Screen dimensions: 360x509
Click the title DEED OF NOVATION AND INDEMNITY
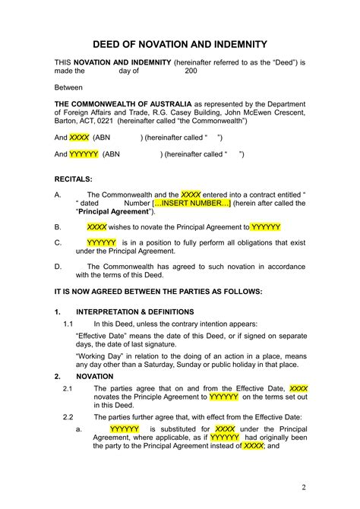tap(180, 45)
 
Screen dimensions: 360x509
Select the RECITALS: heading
tap(74, 179)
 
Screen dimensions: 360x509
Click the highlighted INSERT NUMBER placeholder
tap(191, 204)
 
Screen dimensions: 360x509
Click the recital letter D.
tap(58, 267)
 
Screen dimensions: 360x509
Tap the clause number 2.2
tap(68, 416)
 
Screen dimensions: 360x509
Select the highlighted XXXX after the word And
tap(78, 138)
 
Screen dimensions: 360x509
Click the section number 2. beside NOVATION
tap(58, 376)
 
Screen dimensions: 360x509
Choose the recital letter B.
tap(58, 226)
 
